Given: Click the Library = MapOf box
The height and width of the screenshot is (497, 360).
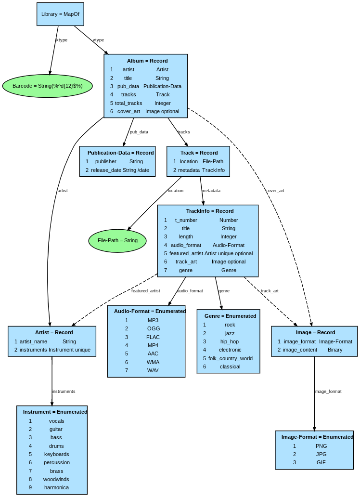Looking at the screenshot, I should (60, 14).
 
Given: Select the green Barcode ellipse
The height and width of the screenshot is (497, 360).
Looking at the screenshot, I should (47, 86).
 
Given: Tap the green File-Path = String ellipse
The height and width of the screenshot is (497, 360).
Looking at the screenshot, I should (117, 240).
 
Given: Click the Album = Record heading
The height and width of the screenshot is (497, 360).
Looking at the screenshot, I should (147, 61).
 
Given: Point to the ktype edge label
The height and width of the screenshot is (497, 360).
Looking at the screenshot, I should (62, 40).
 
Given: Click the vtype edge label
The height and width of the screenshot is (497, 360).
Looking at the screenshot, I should (98, 40).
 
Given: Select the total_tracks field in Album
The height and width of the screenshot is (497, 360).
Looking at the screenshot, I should (129, 103).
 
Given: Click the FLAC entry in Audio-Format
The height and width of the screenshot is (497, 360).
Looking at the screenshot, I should (153, 337).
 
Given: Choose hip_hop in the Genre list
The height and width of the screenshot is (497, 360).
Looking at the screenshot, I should (230, 341).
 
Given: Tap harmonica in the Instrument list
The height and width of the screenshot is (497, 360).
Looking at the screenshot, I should (56, 487).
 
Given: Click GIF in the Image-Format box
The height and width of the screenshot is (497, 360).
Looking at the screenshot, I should (321, 462).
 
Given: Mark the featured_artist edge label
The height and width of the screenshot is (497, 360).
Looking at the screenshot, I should (145, 291).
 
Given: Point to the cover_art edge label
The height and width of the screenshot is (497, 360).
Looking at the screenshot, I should (275, 191).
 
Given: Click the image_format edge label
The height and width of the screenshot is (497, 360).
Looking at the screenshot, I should (328, 392).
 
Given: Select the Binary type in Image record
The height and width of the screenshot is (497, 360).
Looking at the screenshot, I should (335, 350).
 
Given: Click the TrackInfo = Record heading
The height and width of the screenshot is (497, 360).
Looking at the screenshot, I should (210, 211).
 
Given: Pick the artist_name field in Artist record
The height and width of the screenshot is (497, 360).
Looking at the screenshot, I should (33, 341).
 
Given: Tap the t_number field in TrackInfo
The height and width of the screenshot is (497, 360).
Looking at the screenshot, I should (186, 220).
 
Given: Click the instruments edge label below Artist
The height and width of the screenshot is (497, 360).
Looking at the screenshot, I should (64, 392).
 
